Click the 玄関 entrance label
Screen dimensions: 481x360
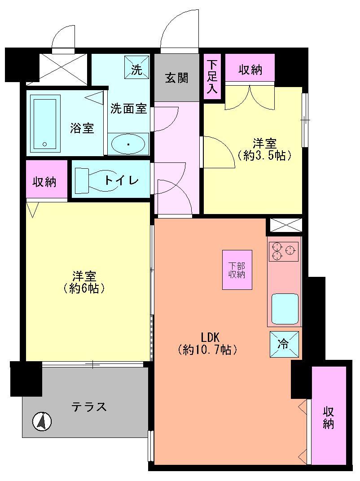coord(176,78)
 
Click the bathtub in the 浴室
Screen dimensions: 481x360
coord(44,124)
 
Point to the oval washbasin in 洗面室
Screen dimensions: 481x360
coord(128,144)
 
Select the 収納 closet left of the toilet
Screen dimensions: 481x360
coord(44,182)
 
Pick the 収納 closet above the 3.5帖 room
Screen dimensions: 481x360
coord(250,70)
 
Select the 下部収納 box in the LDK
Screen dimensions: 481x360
coord(237,270)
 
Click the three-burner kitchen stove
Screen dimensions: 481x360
coord(284,251)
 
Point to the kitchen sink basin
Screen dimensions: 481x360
coord(284,308)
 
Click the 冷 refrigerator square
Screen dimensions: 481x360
coord(284,344)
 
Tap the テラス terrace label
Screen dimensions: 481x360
coord(89,407)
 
